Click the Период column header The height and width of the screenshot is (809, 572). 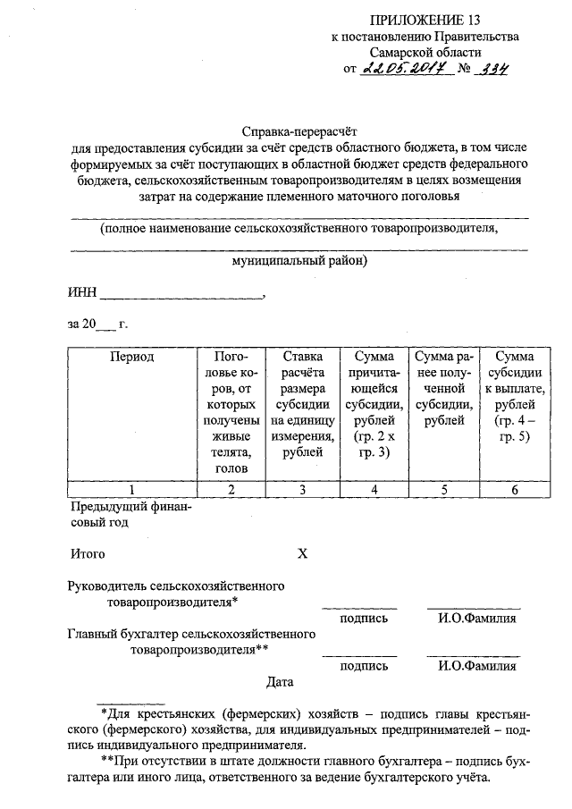coord(132,357)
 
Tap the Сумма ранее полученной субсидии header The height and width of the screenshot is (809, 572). coord(443,389)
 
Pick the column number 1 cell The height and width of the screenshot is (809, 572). coord(132,489)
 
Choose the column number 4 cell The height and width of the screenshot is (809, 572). coord(374,489)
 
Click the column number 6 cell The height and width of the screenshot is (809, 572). coord(514,489)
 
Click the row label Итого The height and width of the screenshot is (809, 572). coord(88,553)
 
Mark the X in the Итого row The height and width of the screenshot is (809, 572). coord(302,553)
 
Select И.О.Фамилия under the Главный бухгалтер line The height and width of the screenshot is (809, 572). coord(477,666)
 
